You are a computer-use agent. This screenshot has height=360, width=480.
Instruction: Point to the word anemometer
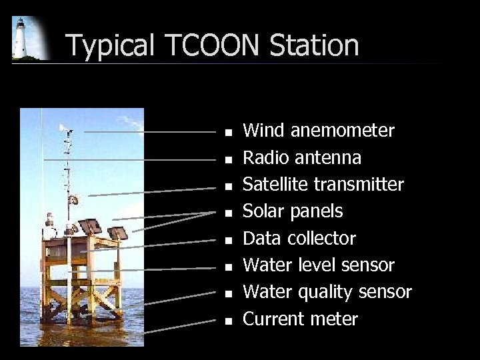[x=343, y=131]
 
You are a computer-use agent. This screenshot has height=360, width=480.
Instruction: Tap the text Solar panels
[x=293, y=211]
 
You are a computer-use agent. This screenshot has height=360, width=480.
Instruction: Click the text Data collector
[x=299, y=239]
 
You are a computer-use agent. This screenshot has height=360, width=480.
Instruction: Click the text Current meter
[x=300, y=319]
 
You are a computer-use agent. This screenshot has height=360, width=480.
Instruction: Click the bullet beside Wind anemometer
[x=228, y=133]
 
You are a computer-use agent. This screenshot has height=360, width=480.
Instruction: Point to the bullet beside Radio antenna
[x=228, y=160]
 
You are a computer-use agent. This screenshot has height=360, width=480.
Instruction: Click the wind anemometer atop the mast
[x=65, y=129]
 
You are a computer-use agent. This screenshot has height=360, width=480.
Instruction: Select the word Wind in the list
[x=263, y=131]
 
